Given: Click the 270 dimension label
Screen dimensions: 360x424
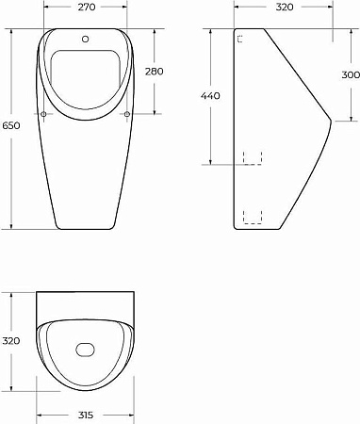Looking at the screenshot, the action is click(86, 7).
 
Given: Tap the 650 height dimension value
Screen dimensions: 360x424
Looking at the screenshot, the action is click(11, 125).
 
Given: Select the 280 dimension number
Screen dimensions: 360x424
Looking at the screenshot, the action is click(155, 72).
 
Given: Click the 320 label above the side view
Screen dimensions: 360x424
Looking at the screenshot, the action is click(285, 7).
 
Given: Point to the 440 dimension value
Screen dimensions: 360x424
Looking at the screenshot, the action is click(210, 96).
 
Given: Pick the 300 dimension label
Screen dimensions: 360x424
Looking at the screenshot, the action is click(351, 74).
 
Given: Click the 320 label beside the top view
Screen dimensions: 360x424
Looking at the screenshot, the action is click(11, 341).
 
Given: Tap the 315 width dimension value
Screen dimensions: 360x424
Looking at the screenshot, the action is click(86, 416).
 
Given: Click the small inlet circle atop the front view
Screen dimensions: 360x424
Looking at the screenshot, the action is click(85, 39).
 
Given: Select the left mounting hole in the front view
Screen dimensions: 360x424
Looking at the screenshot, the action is click(43, 114).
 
